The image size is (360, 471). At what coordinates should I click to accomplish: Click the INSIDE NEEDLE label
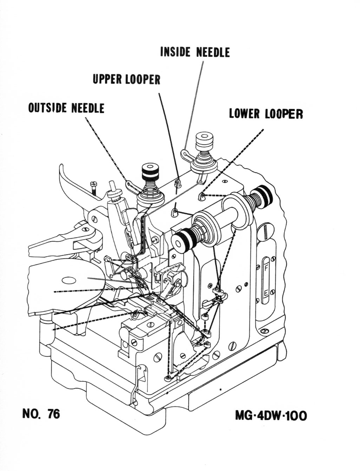(x=195, y=52)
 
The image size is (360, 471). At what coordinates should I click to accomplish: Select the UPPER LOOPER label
(x=126, y=79)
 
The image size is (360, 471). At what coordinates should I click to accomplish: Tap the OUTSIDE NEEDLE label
(x=66, y=108)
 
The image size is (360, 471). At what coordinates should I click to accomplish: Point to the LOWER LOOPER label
(x=266, y=114)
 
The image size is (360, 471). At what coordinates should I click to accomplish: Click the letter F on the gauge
(x=266, y=268)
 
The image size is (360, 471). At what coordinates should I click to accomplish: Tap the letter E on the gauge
(x=266, y=293)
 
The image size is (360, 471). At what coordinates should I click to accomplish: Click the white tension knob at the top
(x=204, y=141)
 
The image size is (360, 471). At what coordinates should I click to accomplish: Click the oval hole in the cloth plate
(x=69, y=280)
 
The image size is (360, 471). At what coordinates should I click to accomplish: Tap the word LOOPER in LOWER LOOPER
(x=284, y=114)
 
